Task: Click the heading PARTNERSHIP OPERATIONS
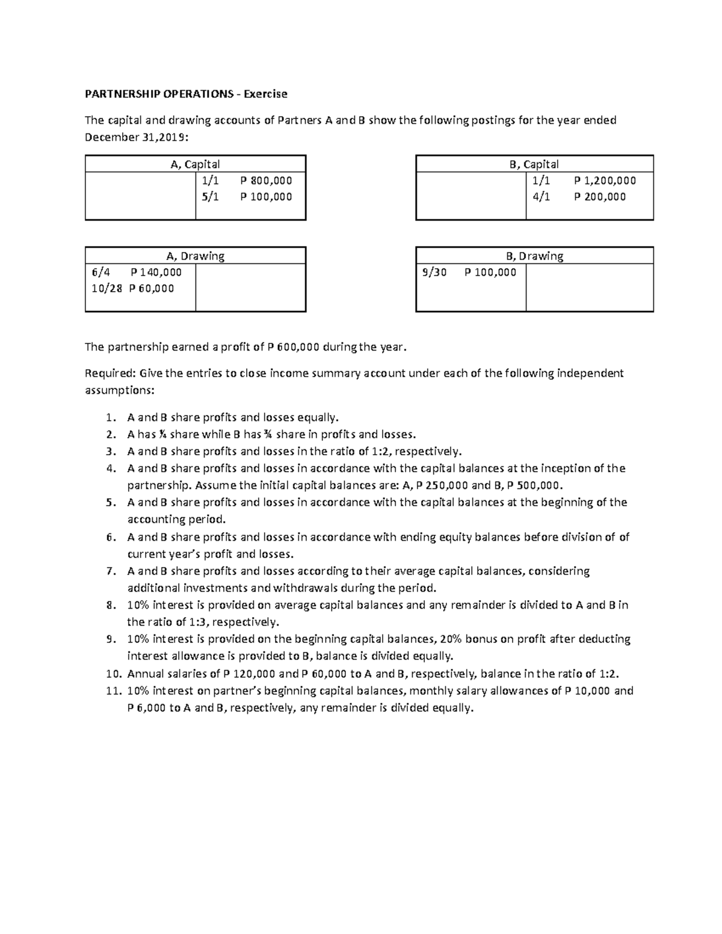(x=158, y=94)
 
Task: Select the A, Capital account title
(x=196, y=164)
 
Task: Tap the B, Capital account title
(x=534, y=164)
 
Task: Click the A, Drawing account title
(x=196, y=256)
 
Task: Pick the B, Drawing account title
(x=534, y=256)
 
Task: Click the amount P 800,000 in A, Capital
(x=266, y=180)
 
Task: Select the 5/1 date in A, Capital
(x=211, y=197)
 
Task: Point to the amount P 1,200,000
(x=605, y=180)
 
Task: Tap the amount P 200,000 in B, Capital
(x=600, y=197)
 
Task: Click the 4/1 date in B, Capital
(x=541, y=197)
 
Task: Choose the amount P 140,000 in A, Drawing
(x=156, y=272)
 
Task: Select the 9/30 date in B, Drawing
(x=434, y=272)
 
